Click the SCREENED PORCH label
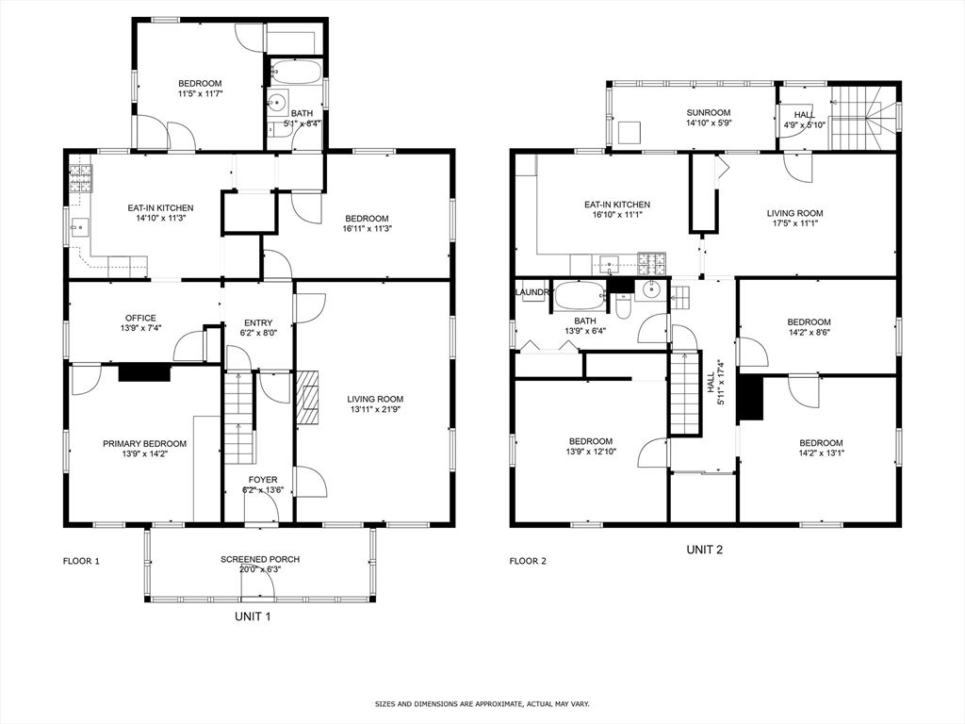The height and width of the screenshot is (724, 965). [260, 559]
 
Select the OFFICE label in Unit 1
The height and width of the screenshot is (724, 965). [140, 318]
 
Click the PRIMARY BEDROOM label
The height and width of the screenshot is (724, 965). [144, 443]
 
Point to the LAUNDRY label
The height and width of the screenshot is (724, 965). [533, 292]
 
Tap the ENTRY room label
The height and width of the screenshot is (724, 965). [257, 322]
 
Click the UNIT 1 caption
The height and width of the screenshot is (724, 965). [253, 617]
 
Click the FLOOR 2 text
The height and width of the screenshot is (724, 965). [528, 561]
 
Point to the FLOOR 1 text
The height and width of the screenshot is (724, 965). [81, 561]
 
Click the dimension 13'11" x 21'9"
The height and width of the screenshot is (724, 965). [375, 410]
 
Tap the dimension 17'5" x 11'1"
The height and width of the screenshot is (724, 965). [794, 224]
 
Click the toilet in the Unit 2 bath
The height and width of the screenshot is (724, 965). [623, 305]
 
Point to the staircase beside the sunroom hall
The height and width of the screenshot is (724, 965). [862, 117]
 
